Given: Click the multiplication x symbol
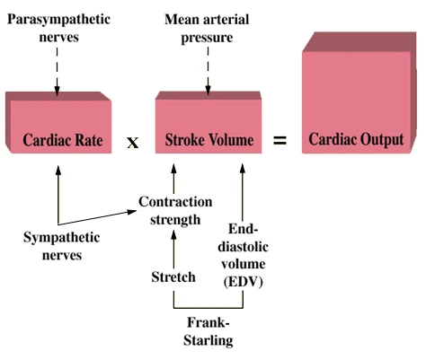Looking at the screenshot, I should [132, 142].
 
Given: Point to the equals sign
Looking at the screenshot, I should [280, 141].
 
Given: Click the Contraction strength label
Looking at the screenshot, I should [175, 209].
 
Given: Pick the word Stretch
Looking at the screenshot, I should [173, 277].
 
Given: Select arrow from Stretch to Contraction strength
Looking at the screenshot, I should [173, 247].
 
